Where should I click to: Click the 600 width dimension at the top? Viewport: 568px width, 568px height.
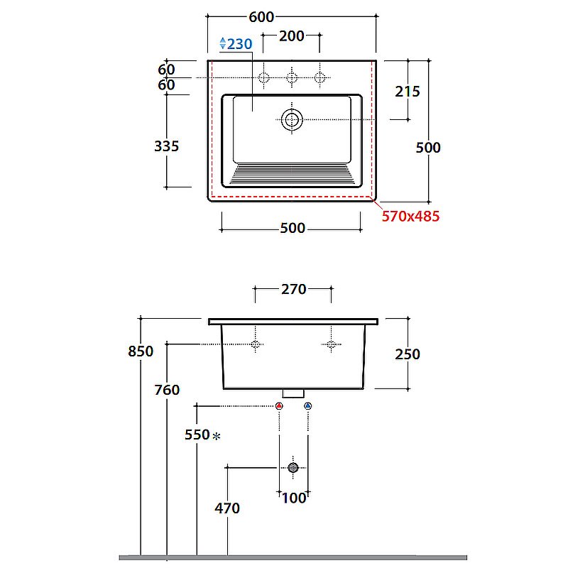(x=261, y=17)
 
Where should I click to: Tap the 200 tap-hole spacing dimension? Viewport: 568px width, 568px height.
(x=291, y=36)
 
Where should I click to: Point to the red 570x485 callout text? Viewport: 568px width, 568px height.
(x=410, y=216)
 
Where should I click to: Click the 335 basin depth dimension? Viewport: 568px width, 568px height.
(x=167, y=146)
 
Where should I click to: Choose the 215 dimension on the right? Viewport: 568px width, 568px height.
(x=407, y=92)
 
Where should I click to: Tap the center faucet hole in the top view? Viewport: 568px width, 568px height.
(x=292, y=77)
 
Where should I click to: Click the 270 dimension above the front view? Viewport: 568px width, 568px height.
(x=293, y=289)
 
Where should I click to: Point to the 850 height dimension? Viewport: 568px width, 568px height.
(x=141, y=351)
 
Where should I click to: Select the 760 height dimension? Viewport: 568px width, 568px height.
(x=167, y=390)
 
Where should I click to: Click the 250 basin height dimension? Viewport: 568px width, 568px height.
(x=407, y=354)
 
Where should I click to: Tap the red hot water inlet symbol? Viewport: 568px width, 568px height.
(x=279, y=405)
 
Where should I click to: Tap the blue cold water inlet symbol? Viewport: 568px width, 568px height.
(x=308, y=405)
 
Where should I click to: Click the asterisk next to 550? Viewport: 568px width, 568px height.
(x=217, y=436)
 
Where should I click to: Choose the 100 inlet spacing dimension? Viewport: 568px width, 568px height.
(x=294, y=498)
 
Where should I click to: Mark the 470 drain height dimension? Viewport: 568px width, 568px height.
(x=227, y=508)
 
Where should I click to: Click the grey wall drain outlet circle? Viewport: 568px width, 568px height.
(x=293, y=467)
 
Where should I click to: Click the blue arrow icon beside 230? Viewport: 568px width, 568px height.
(x=223, y=43)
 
